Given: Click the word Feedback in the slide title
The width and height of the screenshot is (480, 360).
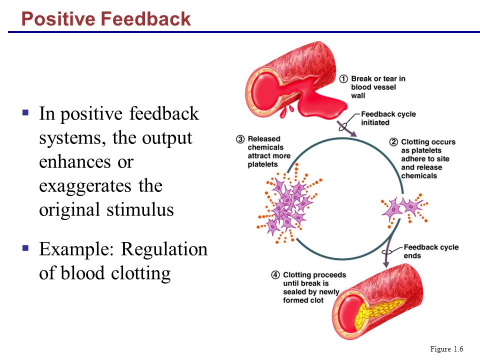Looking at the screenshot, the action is pos(145,18).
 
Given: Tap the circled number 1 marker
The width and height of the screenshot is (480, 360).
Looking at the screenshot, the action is pos(343,79).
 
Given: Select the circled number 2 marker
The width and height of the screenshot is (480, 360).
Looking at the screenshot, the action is pos(393,142).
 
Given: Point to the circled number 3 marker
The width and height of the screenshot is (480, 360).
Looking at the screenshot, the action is pos(240,139).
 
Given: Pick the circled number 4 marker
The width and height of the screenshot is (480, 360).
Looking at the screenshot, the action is pos(275,275).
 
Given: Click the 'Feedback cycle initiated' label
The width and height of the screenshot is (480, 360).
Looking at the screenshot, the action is pos(388,118).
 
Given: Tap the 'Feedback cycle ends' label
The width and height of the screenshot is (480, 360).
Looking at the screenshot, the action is pos(431,251).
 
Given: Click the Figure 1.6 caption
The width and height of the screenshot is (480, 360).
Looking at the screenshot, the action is pos(446,349).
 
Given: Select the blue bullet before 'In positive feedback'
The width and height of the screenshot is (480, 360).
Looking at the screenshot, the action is pos(25,112).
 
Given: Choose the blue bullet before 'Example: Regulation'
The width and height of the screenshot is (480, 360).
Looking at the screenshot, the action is pos(25,247).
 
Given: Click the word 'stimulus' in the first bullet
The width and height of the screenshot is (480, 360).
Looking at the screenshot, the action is pos(140,209).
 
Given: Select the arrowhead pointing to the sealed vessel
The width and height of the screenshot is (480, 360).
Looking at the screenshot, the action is pos(386,264).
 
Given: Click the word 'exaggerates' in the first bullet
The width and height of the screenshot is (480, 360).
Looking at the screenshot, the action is pos(85,186).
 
